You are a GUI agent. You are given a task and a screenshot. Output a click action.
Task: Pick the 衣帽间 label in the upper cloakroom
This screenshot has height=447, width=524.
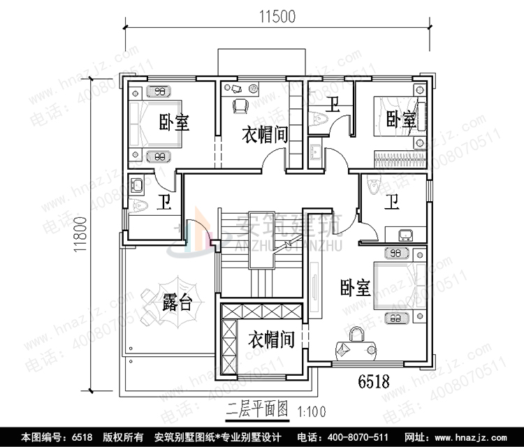click(265, 134)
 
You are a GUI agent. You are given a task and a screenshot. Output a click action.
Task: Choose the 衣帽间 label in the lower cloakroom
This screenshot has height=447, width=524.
click(270, 340)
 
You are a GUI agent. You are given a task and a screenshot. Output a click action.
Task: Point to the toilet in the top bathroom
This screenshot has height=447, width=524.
click(321, 119)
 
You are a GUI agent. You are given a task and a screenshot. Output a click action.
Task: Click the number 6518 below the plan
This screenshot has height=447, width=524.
click(372, 381)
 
